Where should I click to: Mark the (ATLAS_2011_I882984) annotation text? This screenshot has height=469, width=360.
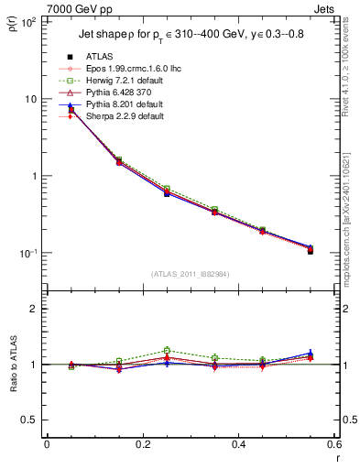tap(189, 275)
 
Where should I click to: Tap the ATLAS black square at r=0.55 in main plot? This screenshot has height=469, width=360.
tap(311, 250)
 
